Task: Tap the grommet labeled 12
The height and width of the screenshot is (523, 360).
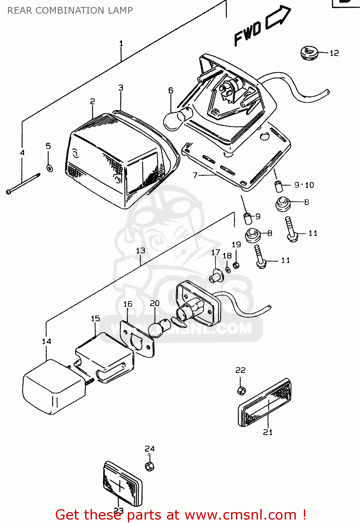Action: [x=308, y=53]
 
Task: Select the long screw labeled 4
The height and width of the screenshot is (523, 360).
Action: [x=23, y=183]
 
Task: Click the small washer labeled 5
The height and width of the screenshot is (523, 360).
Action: [x=49, y=168]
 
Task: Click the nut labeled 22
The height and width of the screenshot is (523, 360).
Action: [x=241, y=390]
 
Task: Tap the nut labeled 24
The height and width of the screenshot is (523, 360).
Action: [x=150, y=466]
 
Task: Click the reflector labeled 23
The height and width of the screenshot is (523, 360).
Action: [x=122, y=484]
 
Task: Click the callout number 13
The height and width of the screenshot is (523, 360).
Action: [x=140, y=251]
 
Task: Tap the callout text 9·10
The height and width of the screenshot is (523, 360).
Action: [x=304, y=185]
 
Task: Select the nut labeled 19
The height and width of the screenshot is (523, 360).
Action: [x=236, y=265]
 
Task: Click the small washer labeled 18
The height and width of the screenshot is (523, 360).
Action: [x=228, y=270]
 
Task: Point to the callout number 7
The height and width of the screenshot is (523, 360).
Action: [x=195, y=175]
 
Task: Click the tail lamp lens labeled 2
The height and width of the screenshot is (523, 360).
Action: [x=112, y=160]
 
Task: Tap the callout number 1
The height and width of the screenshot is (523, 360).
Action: [x=121, y=44]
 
